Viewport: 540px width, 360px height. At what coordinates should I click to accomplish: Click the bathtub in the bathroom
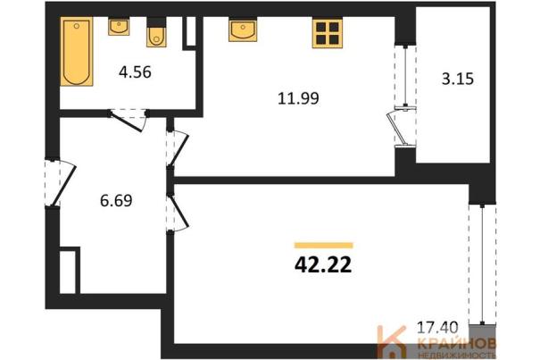(77, 52)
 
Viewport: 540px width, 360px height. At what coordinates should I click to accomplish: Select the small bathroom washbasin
(119, 27)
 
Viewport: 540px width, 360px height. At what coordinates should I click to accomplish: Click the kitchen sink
(243, 30)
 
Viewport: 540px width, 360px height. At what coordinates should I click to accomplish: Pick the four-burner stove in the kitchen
(328, 33)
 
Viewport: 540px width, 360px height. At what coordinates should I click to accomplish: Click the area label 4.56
(135, 72)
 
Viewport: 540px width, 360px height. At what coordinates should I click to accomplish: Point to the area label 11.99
(298, 98)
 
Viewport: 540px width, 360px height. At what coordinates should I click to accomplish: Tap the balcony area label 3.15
(458, 79)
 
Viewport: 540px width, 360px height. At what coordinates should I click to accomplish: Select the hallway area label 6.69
(116, 200)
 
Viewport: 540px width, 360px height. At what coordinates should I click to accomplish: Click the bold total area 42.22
(323, 265)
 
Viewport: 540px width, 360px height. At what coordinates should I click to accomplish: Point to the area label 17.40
(437, 327)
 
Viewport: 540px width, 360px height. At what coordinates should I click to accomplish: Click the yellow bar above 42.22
(324, 245)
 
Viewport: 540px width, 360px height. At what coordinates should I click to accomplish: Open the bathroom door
(129, 120)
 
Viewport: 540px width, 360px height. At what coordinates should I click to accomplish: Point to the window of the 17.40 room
(483, 264)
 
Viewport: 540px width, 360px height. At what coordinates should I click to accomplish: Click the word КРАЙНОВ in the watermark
(457, 343)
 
